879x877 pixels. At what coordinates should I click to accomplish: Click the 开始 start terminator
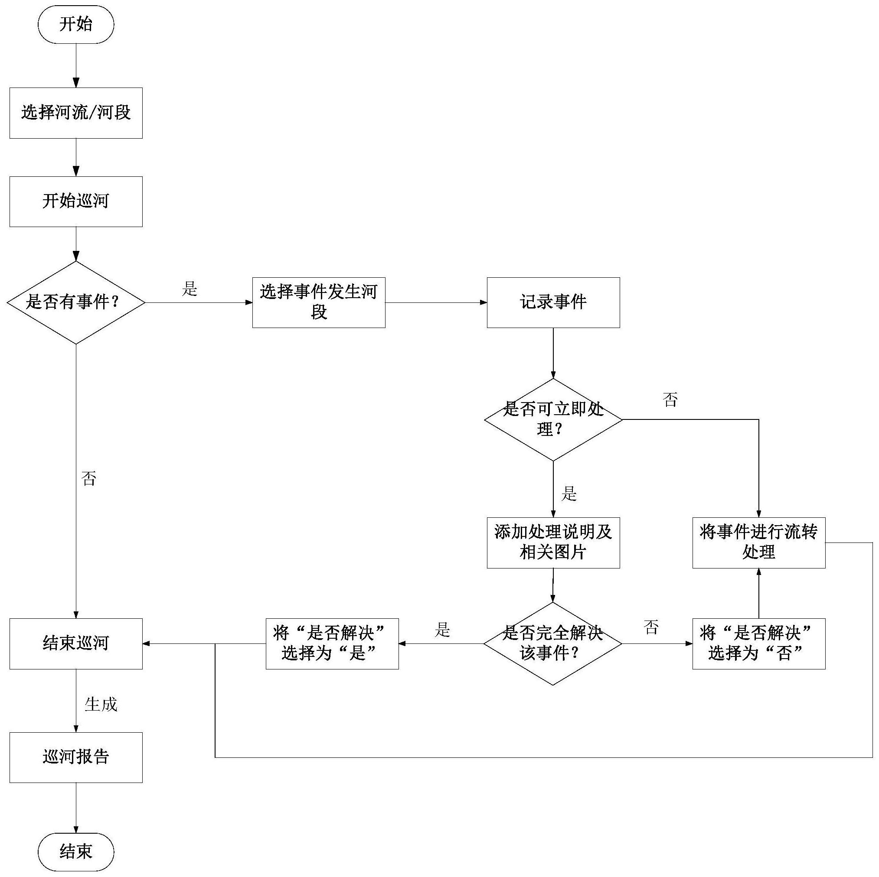click(75, 24)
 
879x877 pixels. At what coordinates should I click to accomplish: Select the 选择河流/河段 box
click(76, 113)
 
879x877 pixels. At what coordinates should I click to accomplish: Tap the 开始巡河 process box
click(76, 201)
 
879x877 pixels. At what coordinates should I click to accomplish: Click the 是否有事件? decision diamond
click(76, 302)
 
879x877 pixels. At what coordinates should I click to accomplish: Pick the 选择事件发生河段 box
click(318, 302)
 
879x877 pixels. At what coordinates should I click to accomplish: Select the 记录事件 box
click(553, 302)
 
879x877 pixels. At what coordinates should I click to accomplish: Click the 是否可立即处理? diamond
click(553, 419)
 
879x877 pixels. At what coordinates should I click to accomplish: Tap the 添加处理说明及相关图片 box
click(553, 542)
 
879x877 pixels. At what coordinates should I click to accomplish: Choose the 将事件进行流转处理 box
click(758, 542)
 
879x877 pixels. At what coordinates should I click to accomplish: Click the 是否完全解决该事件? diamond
click(552, 643)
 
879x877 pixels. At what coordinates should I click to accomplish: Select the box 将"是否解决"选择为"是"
click(332, 643)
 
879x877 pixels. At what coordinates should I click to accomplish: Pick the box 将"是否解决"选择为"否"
click(758, 643)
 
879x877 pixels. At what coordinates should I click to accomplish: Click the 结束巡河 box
click(76, 643)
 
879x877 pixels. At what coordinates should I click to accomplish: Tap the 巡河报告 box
click(76, 757)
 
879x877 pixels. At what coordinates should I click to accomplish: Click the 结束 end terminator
click(75, 852)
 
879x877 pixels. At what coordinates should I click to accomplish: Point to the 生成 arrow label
click(101, 704)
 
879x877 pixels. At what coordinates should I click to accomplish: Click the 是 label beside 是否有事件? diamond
click(190, 289)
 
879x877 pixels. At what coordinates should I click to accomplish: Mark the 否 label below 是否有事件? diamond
click(89, 478)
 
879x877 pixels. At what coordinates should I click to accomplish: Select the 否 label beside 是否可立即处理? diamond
click(670, 400)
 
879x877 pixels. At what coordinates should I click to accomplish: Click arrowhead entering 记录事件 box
click(484, 302)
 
